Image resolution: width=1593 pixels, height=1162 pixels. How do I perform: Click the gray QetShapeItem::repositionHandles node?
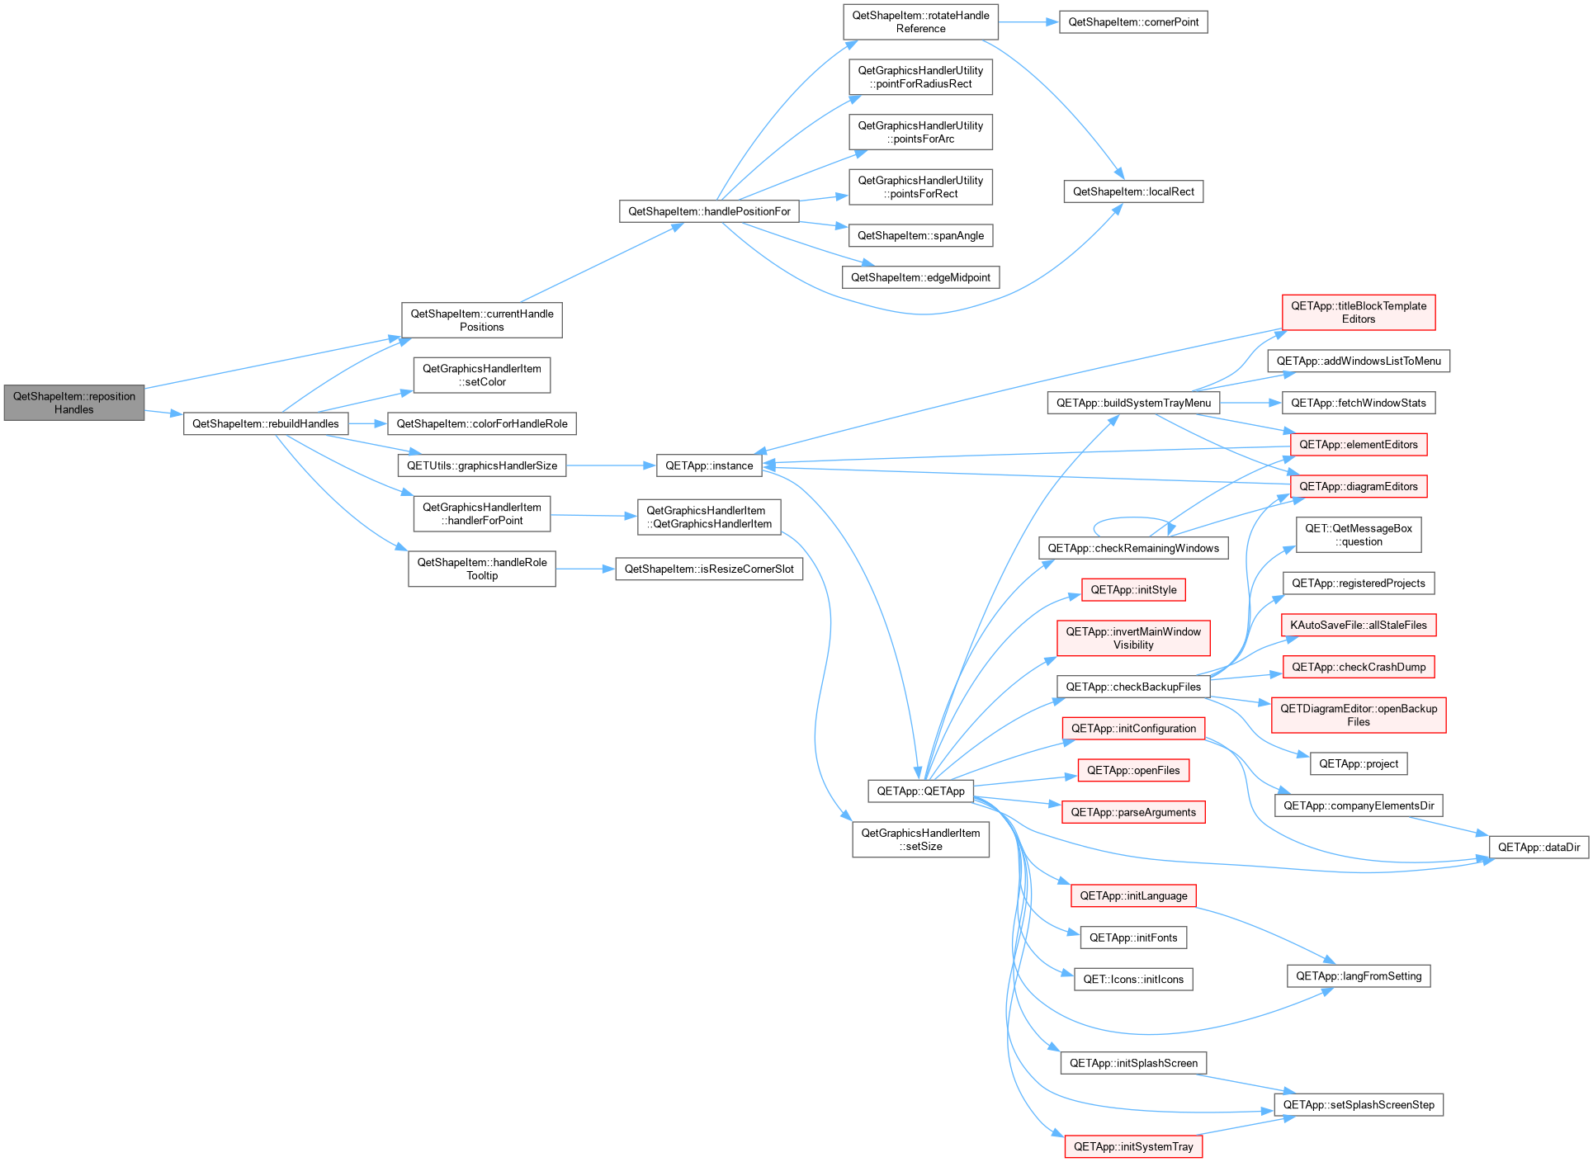coord(74,403)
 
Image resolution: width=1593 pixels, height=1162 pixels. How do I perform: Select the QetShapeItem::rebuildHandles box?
coord(266,423)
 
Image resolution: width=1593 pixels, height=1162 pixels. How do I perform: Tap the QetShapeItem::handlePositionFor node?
coord(709,211)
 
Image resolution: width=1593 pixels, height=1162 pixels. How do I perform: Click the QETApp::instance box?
coord(709,465)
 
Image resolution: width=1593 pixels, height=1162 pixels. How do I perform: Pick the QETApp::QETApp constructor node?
coord(920,791)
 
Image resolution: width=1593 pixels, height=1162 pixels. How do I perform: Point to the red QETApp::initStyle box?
coord(1133,589)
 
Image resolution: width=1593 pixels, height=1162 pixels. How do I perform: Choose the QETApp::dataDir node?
coord(1539,847)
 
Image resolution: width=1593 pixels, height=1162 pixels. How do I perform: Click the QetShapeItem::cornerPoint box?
coord(1133,22)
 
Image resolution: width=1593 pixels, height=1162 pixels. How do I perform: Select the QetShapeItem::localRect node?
coord(1133,191)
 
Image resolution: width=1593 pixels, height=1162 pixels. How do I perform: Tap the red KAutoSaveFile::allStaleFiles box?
coord(1359,625)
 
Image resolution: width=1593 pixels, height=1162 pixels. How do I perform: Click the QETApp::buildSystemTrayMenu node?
coord(1133,403)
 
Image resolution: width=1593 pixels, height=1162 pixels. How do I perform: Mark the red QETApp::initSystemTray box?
coord(1133,1146)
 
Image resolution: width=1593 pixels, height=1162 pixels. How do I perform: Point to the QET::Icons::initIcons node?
coord(1133,979)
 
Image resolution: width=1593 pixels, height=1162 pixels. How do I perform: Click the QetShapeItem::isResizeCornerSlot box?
coord(709,569)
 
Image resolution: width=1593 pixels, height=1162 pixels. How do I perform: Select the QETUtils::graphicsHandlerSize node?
coord(482,465)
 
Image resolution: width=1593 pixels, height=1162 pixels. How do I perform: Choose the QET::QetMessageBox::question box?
coord(1359,535)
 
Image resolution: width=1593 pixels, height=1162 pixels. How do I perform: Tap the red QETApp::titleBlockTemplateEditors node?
coord(1359,312)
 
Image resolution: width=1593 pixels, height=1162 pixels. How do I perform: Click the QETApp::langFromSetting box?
coord(1359,975)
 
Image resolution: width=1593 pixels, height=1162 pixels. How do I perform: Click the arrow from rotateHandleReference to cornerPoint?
coord(1028,22)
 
